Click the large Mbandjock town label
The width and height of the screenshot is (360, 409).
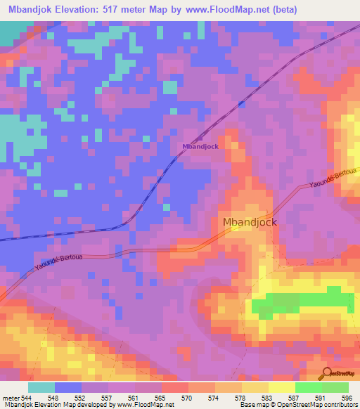pyautogui.click(x=250, y=222)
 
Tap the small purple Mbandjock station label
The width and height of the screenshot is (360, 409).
pyautogui.click(x=200, y=146)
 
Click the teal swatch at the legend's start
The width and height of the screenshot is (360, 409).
pyautogui.click(x=41, y=387)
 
